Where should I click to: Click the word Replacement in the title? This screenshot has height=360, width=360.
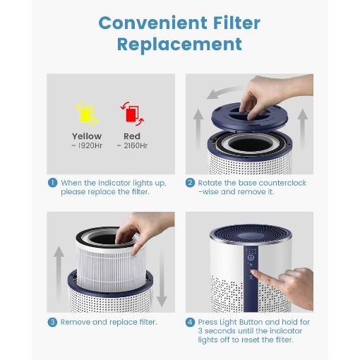(179, 44)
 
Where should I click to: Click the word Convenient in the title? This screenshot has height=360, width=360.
(152, 23)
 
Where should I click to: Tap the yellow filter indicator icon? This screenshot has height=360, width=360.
(86, 114)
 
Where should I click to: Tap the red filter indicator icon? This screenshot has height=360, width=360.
(132, 114)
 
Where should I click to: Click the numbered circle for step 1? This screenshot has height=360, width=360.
(52, 183)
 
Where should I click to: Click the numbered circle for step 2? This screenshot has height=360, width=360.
(190, 183)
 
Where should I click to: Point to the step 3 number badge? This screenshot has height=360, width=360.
(52, 322)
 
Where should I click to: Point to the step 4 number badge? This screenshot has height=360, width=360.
(190, 322)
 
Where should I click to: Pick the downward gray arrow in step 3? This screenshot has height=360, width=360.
(162, 277)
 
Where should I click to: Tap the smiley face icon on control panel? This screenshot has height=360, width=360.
(251, 258)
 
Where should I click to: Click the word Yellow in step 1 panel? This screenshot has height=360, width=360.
(87, 136)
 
